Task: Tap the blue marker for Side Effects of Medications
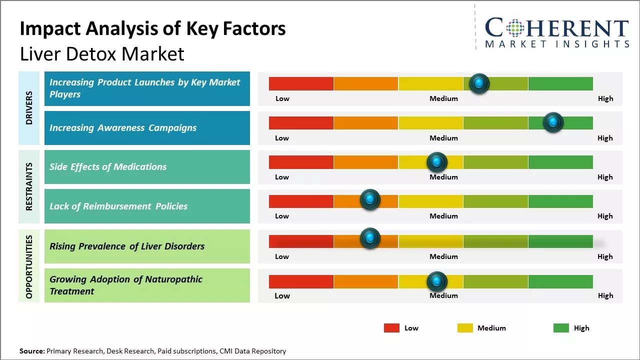point(437,162)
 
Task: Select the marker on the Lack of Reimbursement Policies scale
point(370,199)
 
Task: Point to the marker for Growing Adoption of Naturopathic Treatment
point(437,281)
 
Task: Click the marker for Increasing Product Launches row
point(479,83)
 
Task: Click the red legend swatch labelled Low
point(391,328)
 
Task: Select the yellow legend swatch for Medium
point(465,328)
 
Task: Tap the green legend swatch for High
point(561,328)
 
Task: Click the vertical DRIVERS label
point(29,107)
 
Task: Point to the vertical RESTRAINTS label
point(29,186)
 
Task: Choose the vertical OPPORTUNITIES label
point(29,266)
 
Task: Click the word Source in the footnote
point(31,351)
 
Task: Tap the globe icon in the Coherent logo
point(515,27)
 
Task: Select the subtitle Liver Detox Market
point(102,54)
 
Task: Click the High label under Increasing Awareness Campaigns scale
point(605,138)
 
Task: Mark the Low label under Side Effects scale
point(282,177)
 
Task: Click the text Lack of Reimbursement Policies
point(118,206)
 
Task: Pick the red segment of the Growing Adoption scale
point(301,281)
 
